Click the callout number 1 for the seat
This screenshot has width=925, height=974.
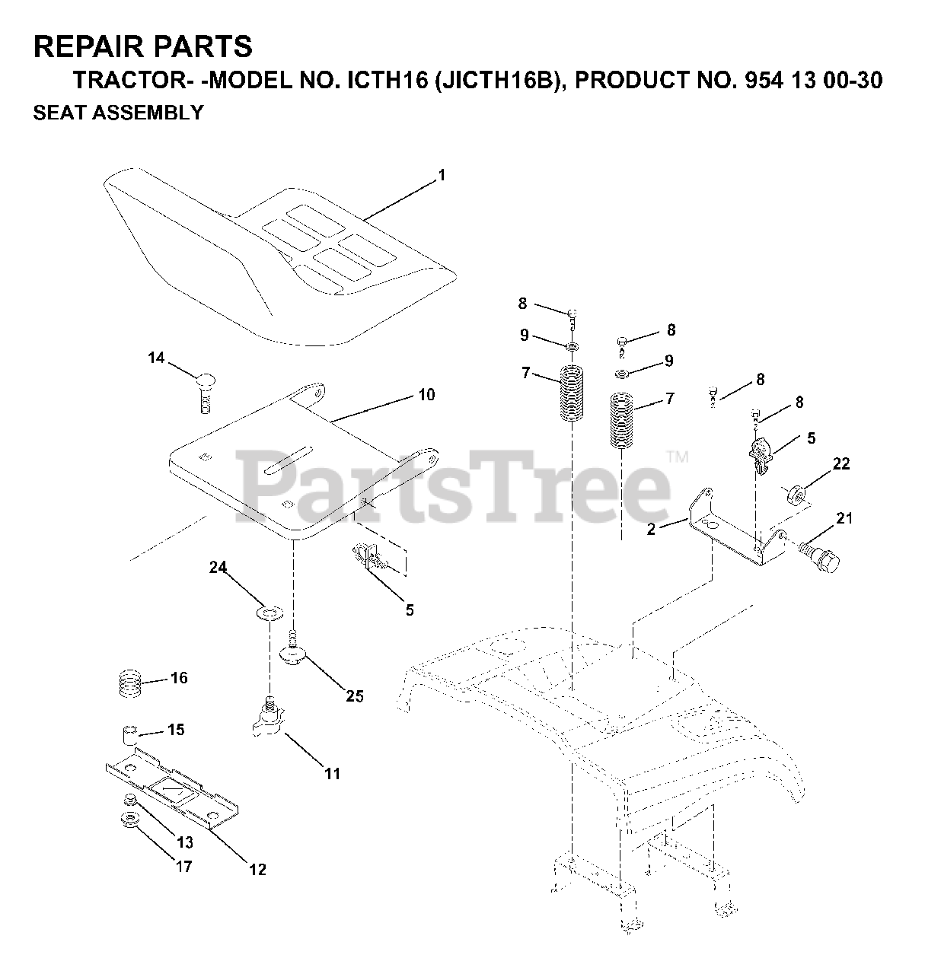(x=441, y=176)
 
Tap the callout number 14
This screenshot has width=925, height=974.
(x=155, y=358)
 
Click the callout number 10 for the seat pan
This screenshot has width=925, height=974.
(x=426, y=394)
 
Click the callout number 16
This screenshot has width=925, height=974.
(x=179, y=678)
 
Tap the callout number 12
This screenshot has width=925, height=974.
(x=258, y=869)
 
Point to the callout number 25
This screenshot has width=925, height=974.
(x=355, y=695)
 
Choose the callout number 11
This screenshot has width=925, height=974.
(x=332, y=774)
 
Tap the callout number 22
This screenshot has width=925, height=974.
(x=840, y=463)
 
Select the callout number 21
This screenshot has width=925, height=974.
(x=844, y=519)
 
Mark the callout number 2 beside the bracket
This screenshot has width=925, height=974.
(x=651, y=530)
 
